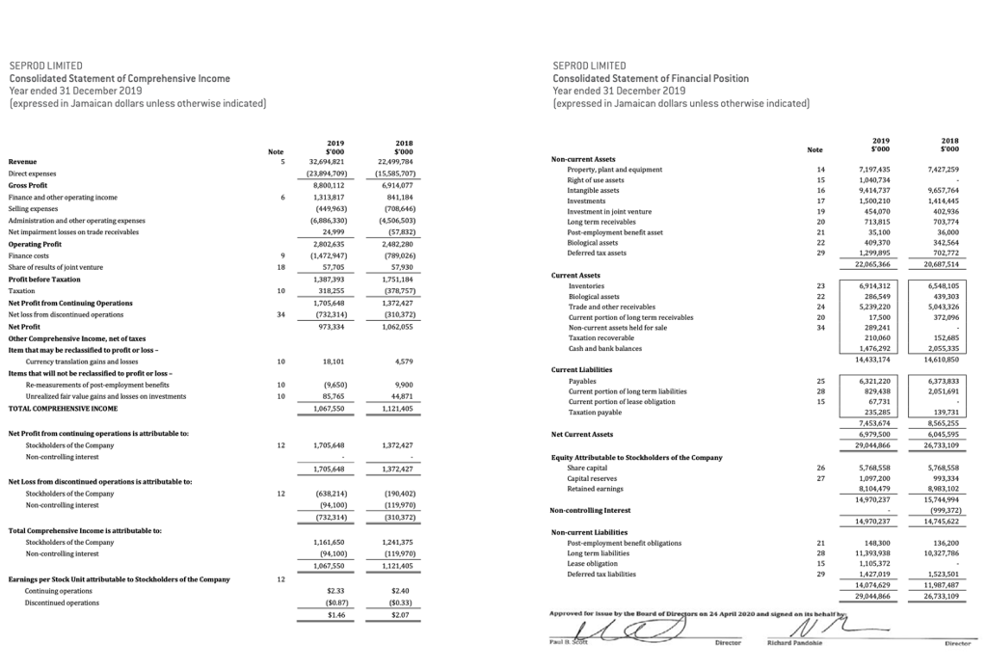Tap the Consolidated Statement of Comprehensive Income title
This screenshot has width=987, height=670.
(120, 77)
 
